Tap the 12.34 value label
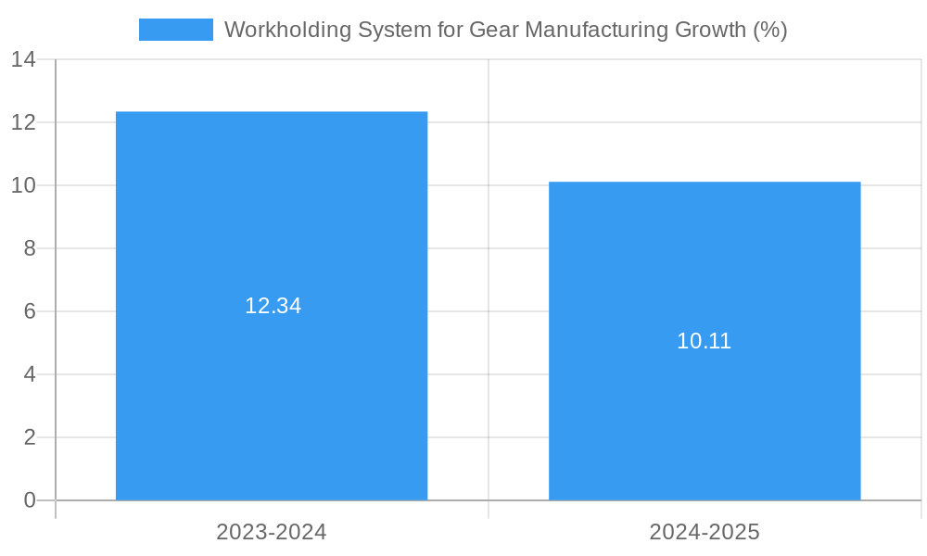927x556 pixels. [x=273, y=306]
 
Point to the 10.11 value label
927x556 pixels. [x=705, y=341]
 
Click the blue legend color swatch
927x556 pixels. [x=175, y=30]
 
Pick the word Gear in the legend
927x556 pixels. [x=494, y=30]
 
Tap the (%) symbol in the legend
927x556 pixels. [x=770, y=30]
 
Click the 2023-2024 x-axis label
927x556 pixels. [x=272, y=532]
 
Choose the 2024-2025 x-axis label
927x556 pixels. [x=705, y=532]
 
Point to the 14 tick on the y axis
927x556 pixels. [x=23, y=60]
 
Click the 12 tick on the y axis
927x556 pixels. [x=23, y=122]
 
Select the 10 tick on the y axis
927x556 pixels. [x=23, y=185]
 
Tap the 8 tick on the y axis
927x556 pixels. [x=30, y=248]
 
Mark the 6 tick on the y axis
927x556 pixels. [x=30, y=311]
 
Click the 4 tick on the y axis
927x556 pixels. [x=30, y=374]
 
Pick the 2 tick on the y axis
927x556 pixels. [x=30, y=437]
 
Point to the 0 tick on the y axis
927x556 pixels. [x=30, y=500]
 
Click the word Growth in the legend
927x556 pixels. [x=709, y=30]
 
